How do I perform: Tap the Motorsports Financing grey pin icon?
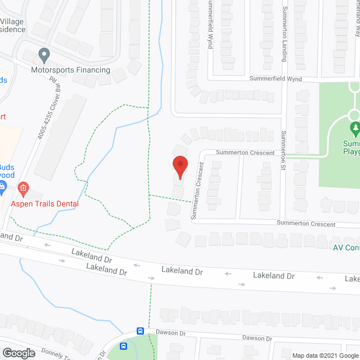(44, 56)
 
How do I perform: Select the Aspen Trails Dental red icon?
(23, 187)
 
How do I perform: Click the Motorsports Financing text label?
(70, 70)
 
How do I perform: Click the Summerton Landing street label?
(285, 34)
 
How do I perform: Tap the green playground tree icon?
(354, 130)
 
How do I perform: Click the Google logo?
(18, 353)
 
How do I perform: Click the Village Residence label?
(11, 25)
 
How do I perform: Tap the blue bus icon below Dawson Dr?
(124, 346)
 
